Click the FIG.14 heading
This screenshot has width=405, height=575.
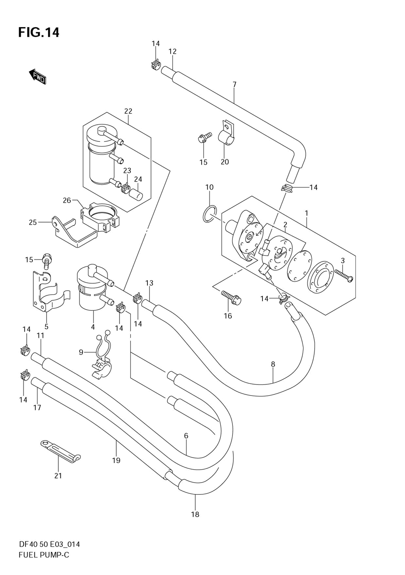39,32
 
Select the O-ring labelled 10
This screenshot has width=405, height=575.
209,214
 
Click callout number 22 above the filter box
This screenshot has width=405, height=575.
128,111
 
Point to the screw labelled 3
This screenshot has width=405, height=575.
344,274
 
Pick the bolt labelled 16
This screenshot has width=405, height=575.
231,298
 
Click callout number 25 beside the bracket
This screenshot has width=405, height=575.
33,222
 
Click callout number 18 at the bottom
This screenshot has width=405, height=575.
195,514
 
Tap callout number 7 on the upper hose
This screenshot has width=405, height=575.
234,84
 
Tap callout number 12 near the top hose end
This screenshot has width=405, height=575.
173,51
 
